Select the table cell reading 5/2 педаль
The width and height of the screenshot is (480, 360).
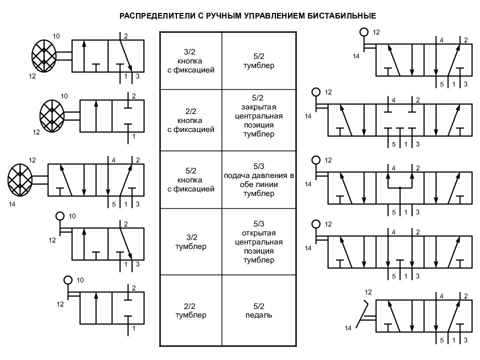[x=258, y=310]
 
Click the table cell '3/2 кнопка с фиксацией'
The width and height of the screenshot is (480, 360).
[x=190, y=61]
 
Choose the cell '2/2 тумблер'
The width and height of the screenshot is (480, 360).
[x=190, y=310]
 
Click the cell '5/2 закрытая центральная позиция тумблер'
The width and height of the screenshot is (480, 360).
[x=258, y=120]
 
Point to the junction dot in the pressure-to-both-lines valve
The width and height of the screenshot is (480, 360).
[x=400, y=188]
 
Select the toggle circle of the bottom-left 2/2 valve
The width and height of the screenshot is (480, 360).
[x=68, y=280]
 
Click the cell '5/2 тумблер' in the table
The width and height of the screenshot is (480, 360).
[x=258, y=61]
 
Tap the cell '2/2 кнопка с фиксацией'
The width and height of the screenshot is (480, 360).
[x=190, y=120]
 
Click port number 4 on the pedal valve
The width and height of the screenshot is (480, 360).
[x=441, y=296]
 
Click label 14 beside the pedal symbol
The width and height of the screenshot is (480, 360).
[x=348, y=328]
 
